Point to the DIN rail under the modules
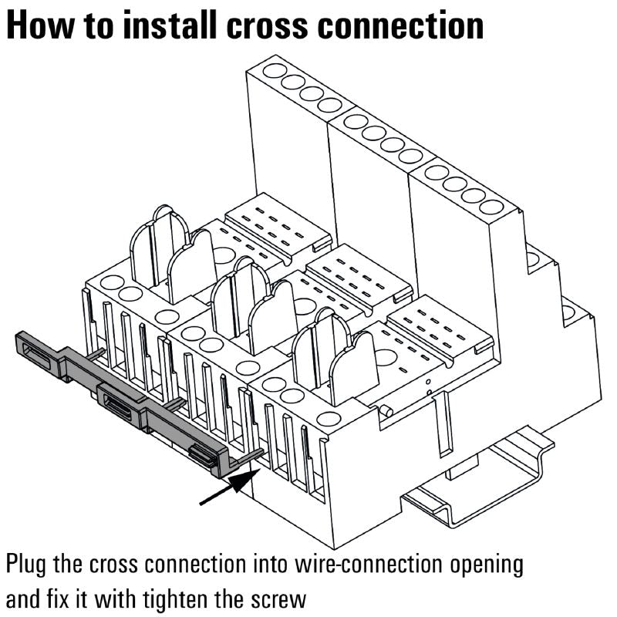478,494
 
